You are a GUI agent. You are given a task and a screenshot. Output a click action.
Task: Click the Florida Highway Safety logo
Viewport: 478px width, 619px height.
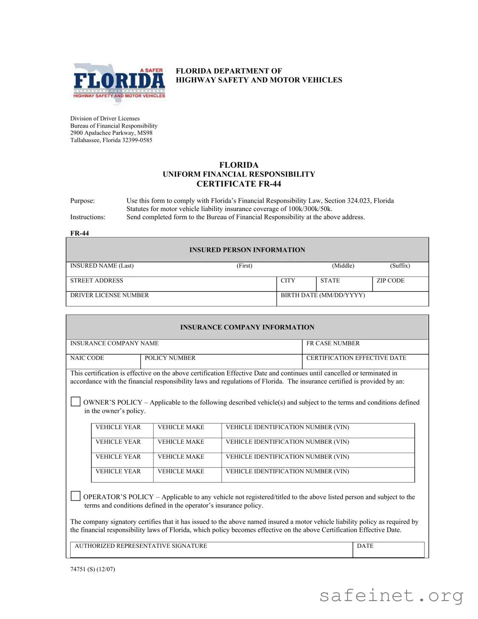(x=119, y=83)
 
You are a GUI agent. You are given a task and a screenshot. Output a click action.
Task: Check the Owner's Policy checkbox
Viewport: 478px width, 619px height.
(x=75, y=402)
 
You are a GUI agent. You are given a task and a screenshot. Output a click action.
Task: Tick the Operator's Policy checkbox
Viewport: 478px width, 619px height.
(x=75, y=496)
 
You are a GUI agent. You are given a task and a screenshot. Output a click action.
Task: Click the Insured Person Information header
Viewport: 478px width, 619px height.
(x=247, y=250)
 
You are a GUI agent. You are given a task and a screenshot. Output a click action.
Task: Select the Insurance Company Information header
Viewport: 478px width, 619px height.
(x=247, y=327)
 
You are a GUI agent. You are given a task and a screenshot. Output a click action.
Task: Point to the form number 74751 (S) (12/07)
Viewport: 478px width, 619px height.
(x=93, y=569)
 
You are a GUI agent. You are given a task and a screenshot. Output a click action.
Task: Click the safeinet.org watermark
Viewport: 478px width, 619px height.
(x=391, y=596)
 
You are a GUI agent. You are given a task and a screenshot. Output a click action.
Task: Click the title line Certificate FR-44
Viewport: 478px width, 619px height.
(x=239, y=184)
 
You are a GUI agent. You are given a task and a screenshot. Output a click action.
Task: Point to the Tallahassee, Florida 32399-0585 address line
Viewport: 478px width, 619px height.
(x=111, y=140)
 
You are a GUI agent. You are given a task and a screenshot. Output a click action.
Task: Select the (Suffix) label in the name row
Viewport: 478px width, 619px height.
(x=400, y=266)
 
